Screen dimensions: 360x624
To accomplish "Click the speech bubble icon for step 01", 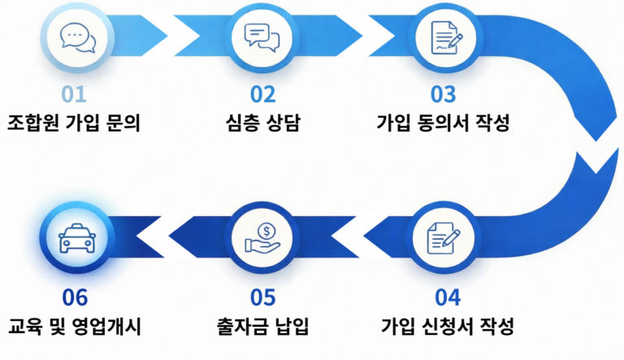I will (76, 37).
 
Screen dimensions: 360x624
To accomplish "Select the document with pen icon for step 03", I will (444, 37).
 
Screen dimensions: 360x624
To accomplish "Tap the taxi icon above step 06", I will (76, 238).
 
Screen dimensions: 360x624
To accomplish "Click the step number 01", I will (74, 94).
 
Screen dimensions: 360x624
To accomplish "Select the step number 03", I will (444, 94).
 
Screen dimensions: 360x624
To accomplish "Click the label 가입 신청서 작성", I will (448, 328).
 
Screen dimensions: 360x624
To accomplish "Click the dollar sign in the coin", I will (266, 228).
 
